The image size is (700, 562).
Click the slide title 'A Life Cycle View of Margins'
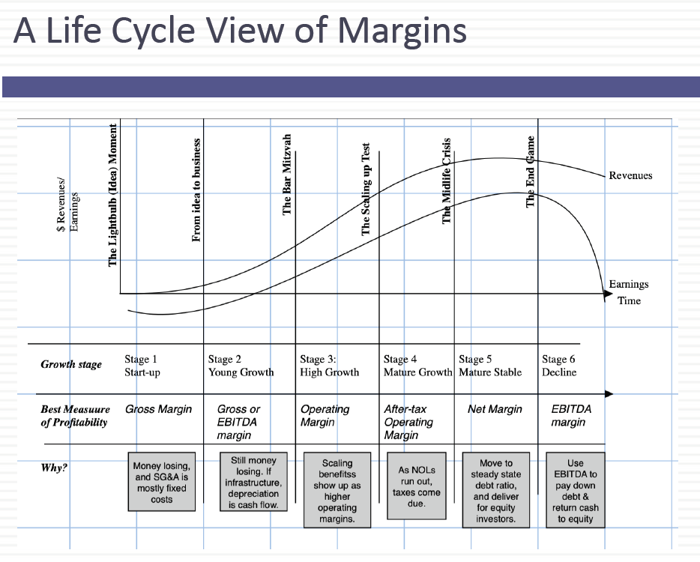pyautogui.click(x=240, y=31)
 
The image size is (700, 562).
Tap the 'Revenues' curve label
pyautogui.click(x=630, y=175)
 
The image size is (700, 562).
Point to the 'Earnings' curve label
pyautogui.click(x=629, y=284)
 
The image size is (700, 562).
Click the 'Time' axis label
pyautogui.click(x=629, y=300)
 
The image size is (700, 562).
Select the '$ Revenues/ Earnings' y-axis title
pyautogui.click(x=67, y=206)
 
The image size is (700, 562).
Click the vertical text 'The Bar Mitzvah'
pyautogui.click(x=287, y=175)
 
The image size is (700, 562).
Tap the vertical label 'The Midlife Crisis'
pyautogui.click(x=447, y=181)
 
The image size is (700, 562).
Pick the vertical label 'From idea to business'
pyautogui.click(x=197, y=190)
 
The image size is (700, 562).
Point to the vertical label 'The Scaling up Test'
pyautogui.click(x=366, y=189)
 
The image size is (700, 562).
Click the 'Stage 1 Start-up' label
pyautogui.click(x=142, y=366)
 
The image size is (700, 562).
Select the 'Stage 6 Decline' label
pyautogui.click(x=559, y=366)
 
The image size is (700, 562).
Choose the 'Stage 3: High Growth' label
pyautogui.click(x=329, y=366)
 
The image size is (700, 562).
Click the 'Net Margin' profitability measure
pyautogui.click(x=495, y=409)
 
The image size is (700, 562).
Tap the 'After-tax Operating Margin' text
pyautogui.click(x=408, y=422)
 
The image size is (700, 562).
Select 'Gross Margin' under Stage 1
pyautogui.click(x=158, y=409)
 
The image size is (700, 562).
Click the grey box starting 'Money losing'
pyautogui.click(x=161, y=483)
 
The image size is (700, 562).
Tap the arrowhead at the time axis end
pyautogui.click(x=609, y=294)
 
